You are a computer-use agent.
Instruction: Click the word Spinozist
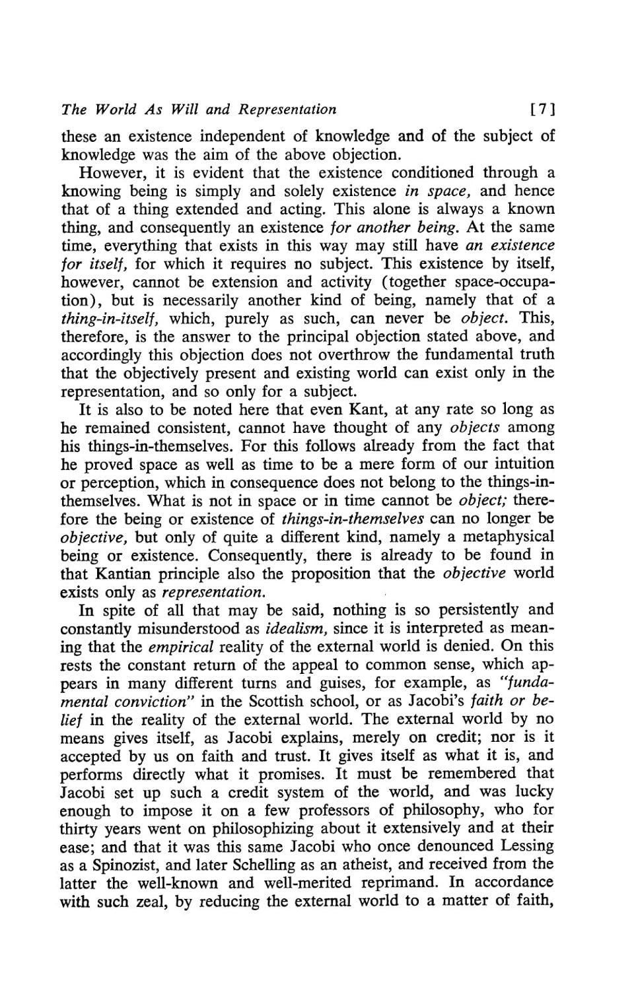point(122,864)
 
